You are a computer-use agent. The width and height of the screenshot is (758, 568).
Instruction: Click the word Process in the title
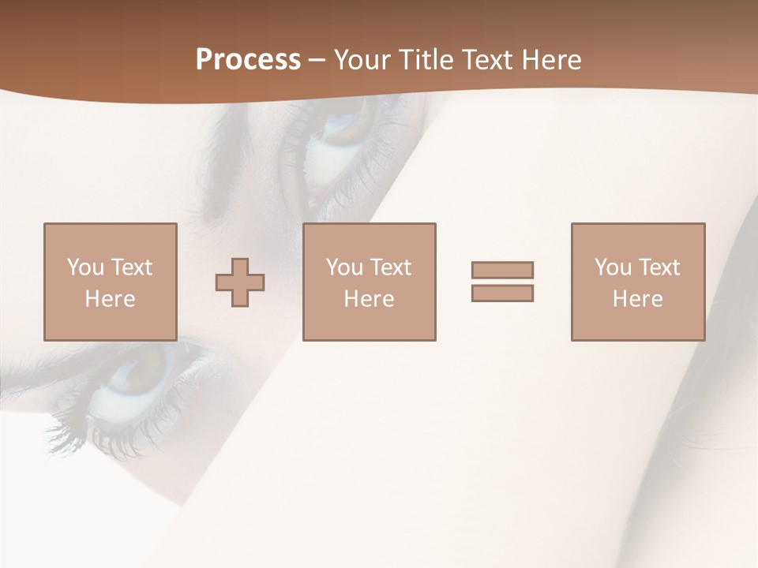point(248,60)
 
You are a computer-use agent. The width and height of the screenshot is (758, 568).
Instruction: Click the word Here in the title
point(553,60)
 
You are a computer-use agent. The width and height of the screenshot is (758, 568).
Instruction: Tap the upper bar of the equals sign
point(502,270)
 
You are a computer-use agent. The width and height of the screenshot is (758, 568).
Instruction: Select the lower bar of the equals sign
point(502,293)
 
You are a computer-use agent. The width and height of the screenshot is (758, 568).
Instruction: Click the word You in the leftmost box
point(85,267)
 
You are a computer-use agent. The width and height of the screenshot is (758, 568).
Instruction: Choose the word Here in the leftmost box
point(110,299)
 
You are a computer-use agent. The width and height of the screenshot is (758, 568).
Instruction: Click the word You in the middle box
point(344,267)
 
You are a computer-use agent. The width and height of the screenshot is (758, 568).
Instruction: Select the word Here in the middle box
point(369,299)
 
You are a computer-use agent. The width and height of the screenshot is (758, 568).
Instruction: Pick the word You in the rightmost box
point(613,267)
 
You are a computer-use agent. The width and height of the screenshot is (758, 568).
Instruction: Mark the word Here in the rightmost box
point(637,299)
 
